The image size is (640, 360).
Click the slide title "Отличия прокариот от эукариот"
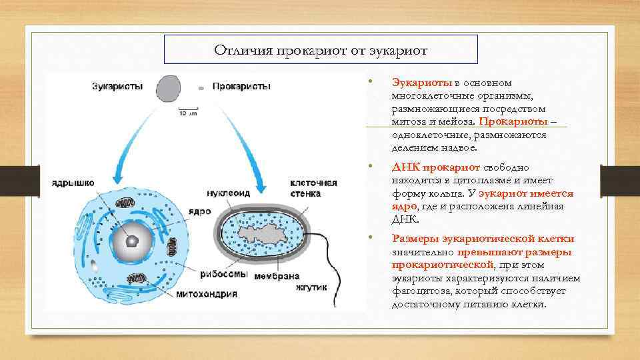coord(321,50)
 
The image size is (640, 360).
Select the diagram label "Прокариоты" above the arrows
coord(241,87)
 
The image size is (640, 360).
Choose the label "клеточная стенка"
coord(313,188)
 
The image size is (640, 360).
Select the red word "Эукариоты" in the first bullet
coord(422,83)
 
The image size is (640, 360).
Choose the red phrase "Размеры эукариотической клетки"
coord(483,239)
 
